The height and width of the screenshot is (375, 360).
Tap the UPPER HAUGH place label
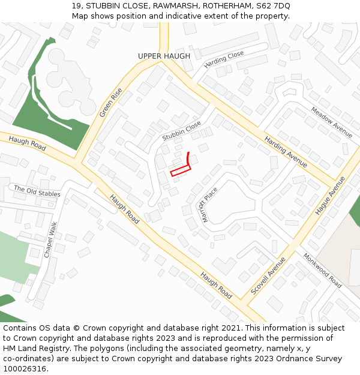[x=164, y=56]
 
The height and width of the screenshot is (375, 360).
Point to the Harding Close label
[x=224, y=59]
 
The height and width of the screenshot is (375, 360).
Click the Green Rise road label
[x=111, y=103]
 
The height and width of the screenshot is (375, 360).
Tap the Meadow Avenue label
[x=331, y=122]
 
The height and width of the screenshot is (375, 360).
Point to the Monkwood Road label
[x=322, y=270]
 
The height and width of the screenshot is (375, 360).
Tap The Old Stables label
[x=37, y=191]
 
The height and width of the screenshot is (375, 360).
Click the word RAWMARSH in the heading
[x=173, y=5]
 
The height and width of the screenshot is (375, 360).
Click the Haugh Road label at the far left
[x=28, y=143]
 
